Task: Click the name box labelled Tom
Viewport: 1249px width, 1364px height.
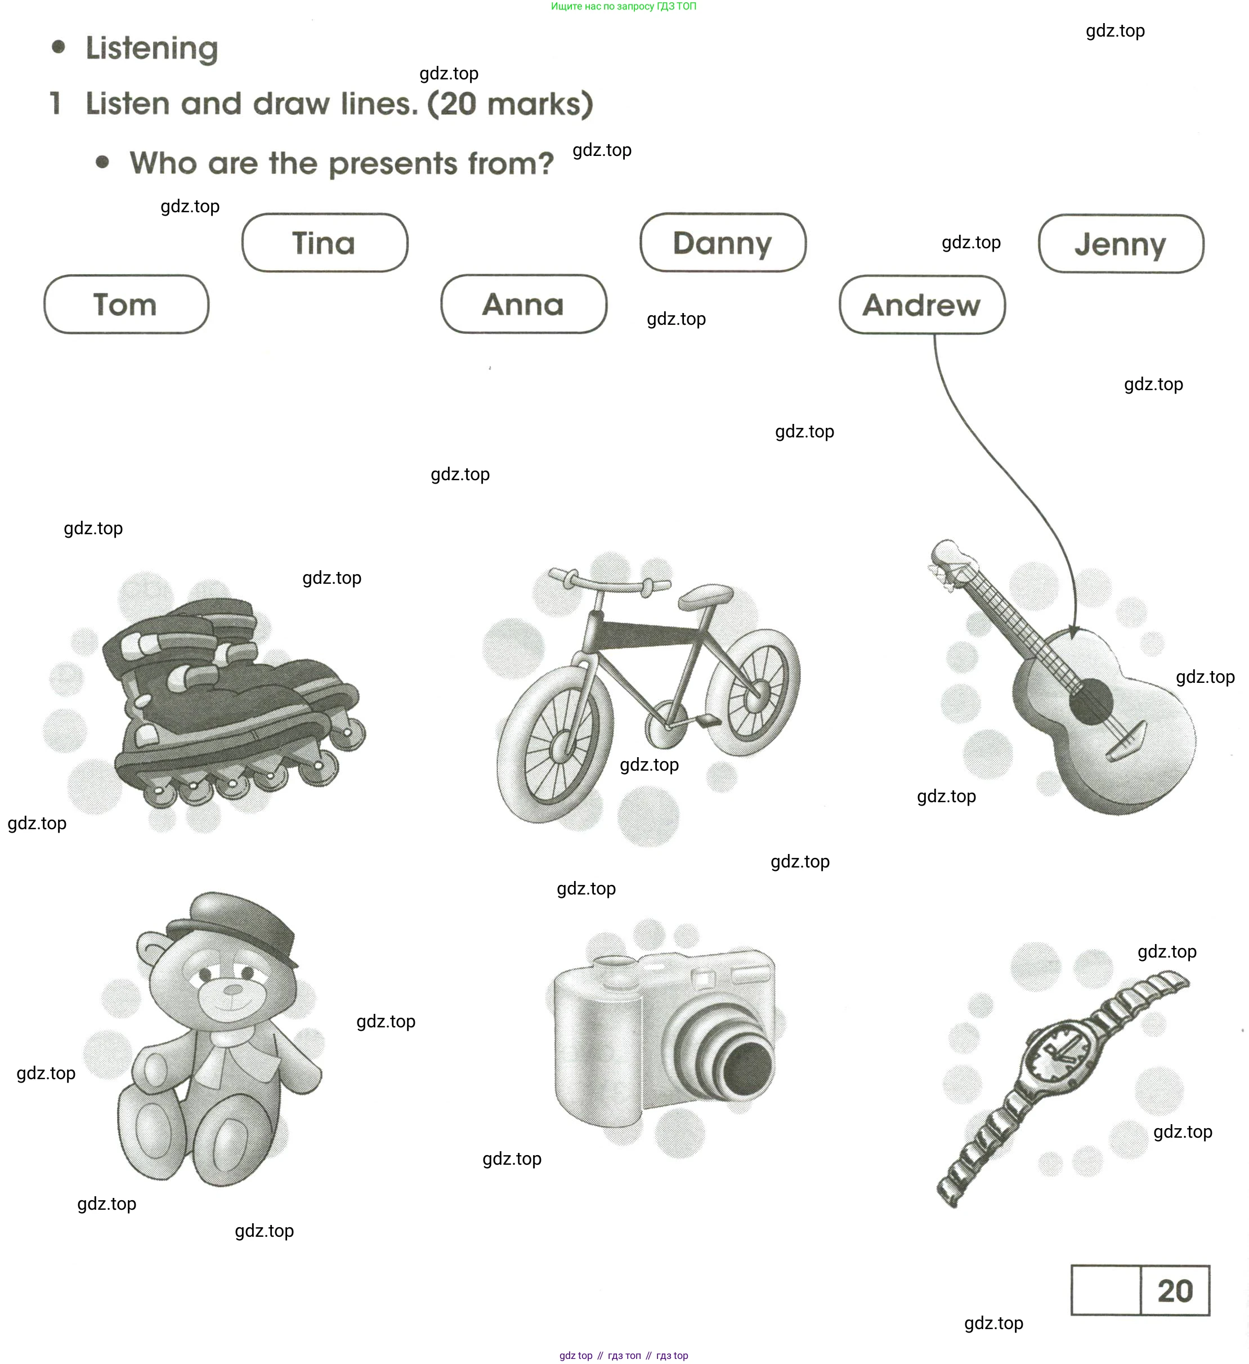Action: [x=127, y=305]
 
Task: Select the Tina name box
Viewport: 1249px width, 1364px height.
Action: [x=325, y=243]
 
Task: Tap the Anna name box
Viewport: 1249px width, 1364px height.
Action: [x=523, y=305]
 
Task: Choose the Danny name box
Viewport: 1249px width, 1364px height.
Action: [x=723, y=243]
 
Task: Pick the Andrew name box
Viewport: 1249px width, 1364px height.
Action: [x=922, y=305]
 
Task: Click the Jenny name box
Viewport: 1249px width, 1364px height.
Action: [x=1121, y=244]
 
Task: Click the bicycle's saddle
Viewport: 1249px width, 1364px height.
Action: [x=706, y=596]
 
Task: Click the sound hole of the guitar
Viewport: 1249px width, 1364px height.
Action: [x=1091, y=701]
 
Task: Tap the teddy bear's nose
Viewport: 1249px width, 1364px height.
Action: [x=233, y=990]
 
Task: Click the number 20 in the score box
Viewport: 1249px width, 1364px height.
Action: [x=1175, y=1291]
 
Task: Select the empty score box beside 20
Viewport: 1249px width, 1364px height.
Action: [x=1106, y=1290]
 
